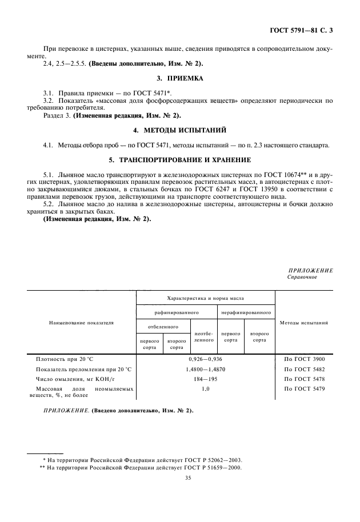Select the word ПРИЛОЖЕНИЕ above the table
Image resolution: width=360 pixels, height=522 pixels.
(x=310, y=270)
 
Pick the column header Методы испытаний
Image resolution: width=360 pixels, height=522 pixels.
(x=304, y=323)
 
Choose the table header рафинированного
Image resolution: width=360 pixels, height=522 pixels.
(x=177, y=313)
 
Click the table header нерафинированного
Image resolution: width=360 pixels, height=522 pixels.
(x=246, y=313)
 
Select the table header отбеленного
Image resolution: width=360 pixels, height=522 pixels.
(x=162, y=327)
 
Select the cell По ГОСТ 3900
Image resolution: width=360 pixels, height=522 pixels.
(x=304, y=359)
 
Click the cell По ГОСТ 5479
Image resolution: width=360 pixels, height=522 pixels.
(x=304, y=388)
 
